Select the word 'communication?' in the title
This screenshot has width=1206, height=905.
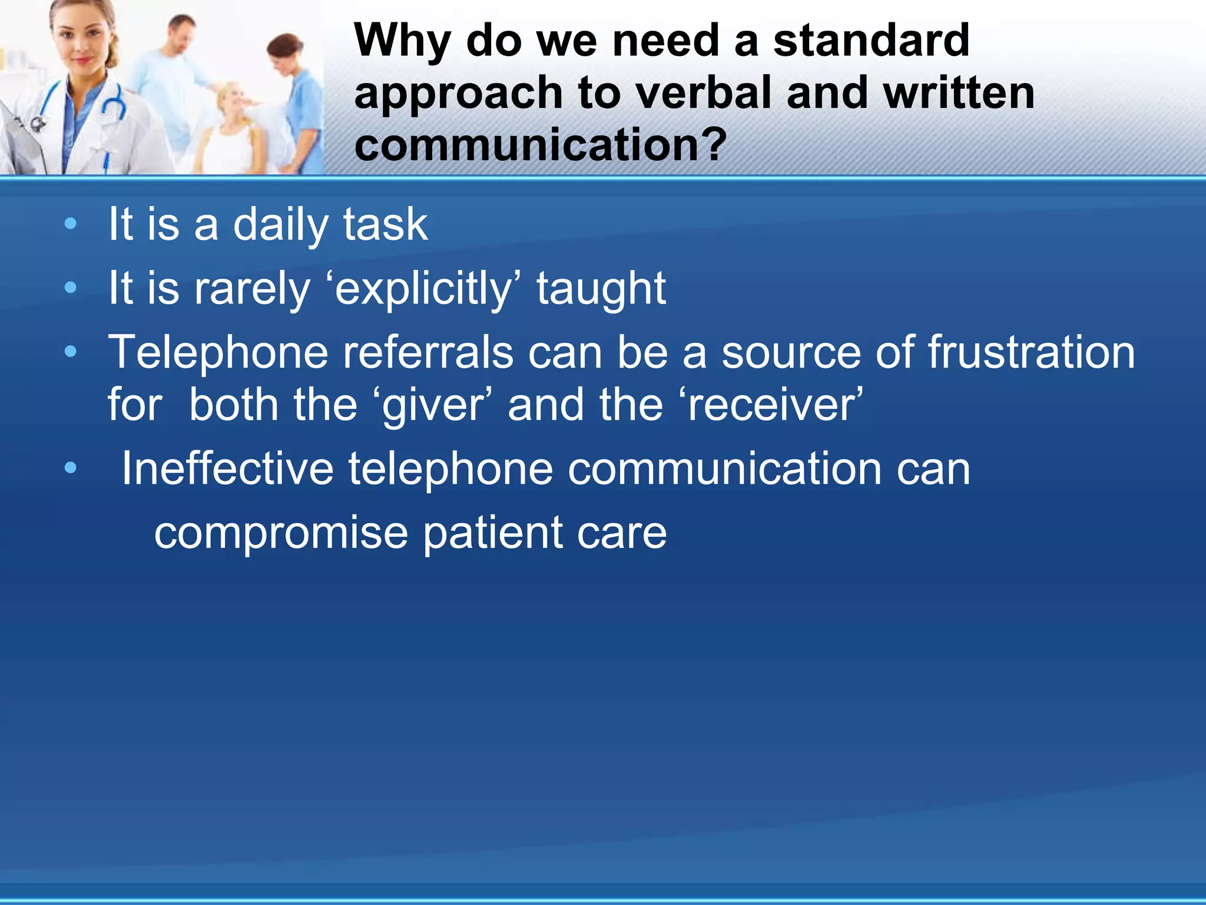pos(541,145)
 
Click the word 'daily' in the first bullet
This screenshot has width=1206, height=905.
pos(280,225)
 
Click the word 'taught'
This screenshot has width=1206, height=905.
pos(601,289)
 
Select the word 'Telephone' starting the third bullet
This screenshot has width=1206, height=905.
pos(218,353)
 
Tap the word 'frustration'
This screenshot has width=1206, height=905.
pos(1031,353)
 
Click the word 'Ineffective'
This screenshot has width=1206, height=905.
pos(227,469)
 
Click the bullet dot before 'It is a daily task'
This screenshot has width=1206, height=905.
pos(71,224)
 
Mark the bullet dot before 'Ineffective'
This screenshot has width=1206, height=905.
pos(71,468)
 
